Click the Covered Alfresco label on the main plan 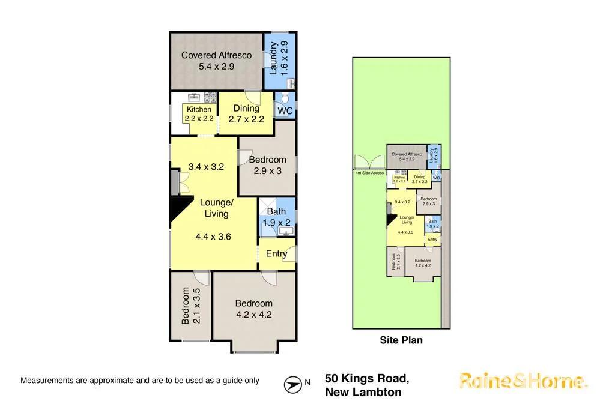pos(216,61)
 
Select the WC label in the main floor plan pos(285,111)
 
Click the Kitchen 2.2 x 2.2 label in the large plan pos(199,113)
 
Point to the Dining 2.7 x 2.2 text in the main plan pos(246,113)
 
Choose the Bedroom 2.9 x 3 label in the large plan pos(267,165)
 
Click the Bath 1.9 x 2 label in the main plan pos(277,217)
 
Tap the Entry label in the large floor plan pos(276,253)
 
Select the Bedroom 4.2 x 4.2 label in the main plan pos(253,308)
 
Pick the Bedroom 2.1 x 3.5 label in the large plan pos(191,306)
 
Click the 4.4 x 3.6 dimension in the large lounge pos(213,237)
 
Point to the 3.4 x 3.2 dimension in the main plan pos(205,167)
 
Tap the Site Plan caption pos(401,340)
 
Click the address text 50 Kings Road pos(367,379)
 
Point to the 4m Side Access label pos(370,173)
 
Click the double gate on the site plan pos(369,163)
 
